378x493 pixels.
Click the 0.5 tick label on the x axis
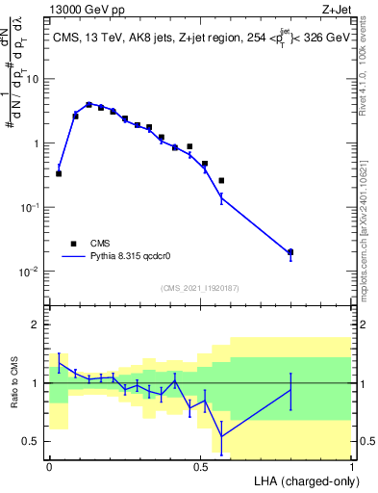click(200, 467)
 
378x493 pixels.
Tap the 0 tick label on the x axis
click(49, 467)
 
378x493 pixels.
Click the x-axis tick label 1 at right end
click(351, 467)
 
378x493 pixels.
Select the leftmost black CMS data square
click(59, 173)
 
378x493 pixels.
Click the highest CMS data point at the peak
click(88, 105)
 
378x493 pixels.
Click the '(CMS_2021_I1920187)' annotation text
click(200, 287)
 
